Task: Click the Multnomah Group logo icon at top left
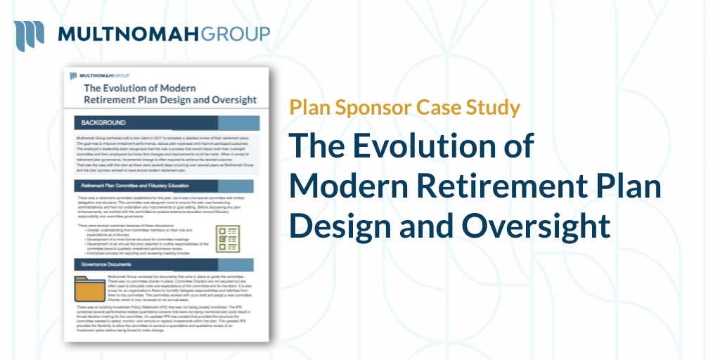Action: (x=29, y=34)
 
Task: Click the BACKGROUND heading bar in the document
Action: (x=167, y=123)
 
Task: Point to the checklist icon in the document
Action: (x=228, y=239)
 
